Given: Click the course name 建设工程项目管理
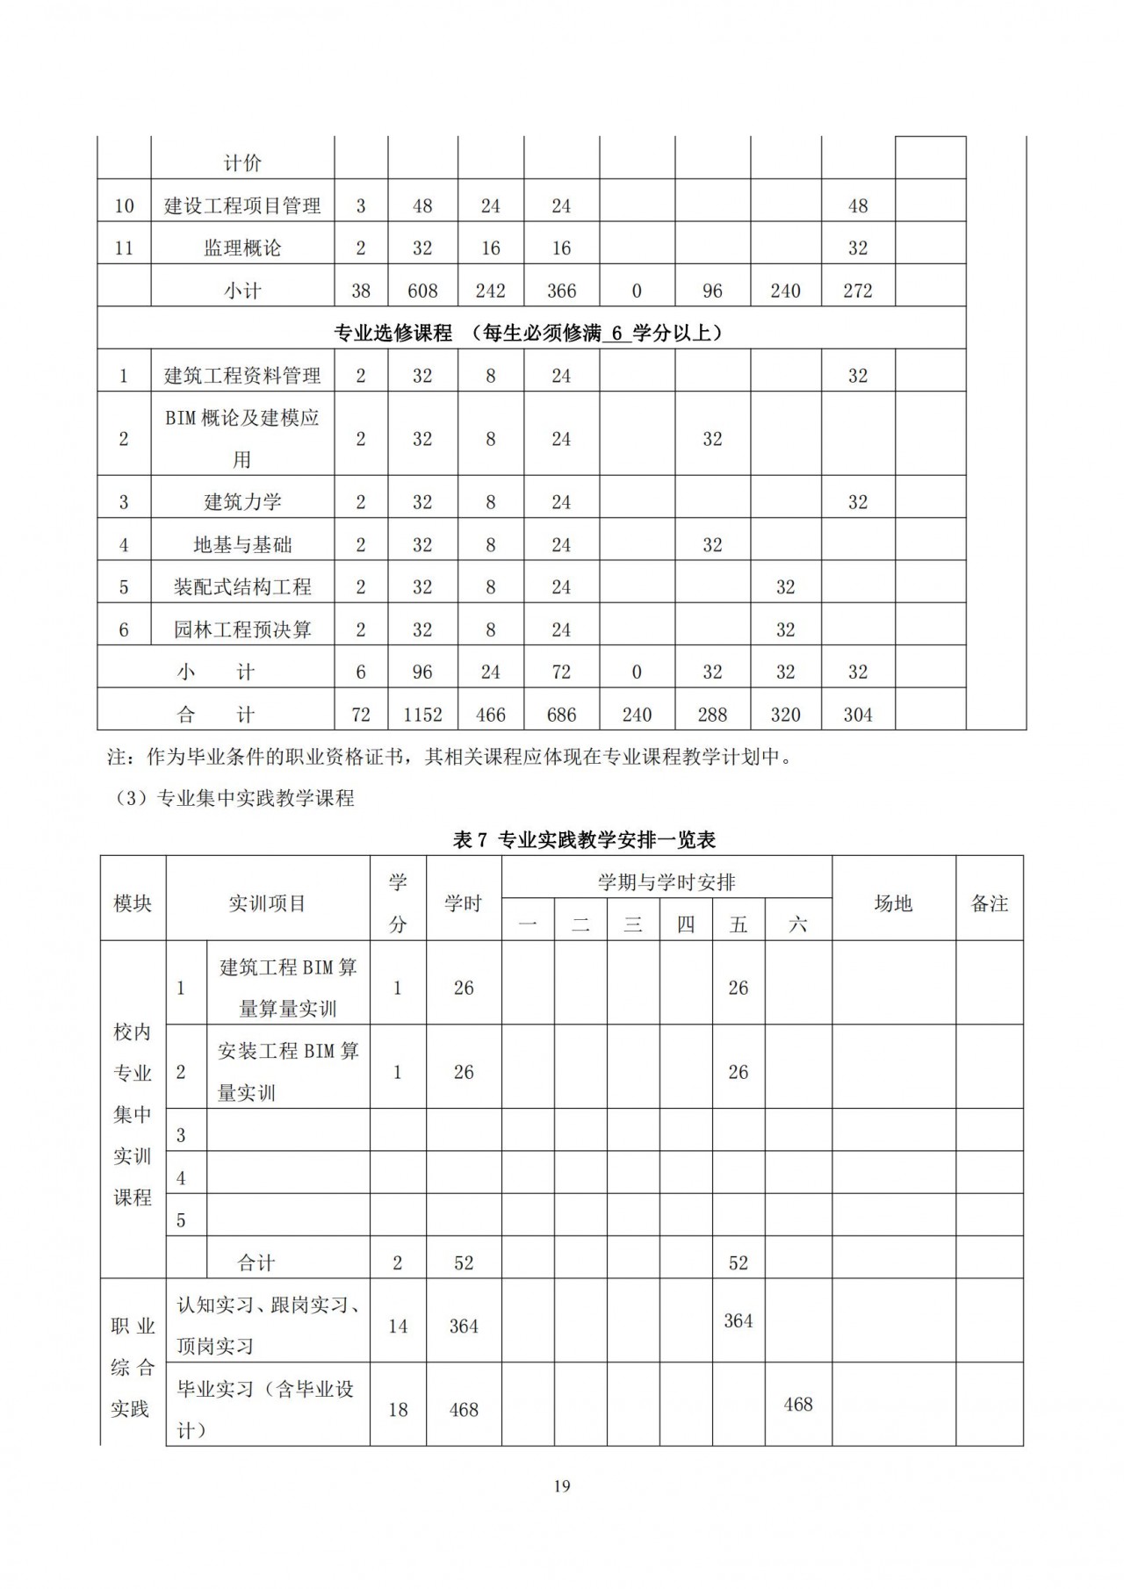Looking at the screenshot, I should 242,205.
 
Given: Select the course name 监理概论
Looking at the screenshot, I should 242,248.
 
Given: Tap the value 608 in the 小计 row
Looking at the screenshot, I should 422,291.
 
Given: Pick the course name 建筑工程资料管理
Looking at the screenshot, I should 242,376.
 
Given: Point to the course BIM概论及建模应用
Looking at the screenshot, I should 242,438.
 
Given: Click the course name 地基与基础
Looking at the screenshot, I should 242,545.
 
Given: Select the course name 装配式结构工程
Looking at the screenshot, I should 242,587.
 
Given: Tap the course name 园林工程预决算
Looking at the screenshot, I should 242,629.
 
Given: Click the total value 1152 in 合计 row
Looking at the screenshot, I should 422,715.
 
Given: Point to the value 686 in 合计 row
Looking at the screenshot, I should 561,715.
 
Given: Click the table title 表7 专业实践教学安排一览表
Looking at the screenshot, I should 584,840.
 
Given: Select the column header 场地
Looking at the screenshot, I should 893,903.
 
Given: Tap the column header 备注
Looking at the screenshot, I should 989,903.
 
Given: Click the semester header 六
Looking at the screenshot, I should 797,924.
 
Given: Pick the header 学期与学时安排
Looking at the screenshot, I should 666,881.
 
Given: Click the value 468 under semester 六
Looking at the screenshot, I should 797,1405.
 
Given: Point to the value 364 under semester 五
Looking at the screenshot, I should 738,1320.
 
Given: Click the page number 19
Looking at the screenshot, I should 562,1486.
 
